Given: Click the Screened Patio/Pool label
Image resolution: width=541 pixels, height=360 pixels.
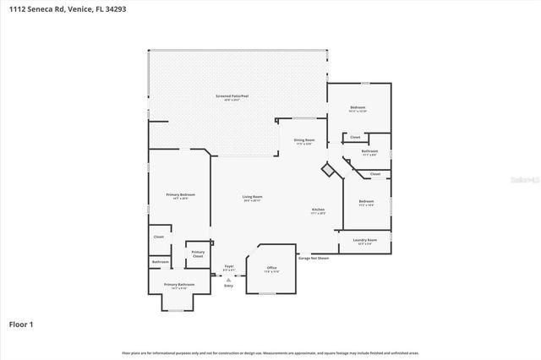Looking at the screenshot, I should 232,97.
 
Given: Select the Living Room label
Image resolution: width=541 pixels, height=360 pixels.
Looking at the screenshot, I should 252,197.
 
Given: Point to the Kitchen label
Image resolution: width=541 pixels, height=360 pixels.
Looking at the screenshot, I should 318,210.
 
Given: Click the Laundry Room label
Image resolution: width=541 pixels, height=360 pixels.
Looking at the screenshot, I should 365,240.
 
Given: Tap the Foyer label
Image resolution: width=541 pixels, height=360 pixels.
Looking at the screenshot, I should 228,266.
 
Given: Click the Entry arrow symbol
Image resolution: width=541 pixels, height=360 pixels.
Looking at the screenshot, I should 228,277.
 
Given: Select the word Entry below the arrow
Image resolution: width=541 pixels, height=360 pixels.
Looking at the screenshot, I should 228,286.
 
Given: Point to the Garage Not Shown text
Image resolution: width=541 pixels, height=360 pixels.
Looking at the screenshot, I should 313,258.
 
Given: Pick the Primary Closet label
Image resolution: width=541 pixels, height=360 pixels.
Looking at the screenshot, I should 198,253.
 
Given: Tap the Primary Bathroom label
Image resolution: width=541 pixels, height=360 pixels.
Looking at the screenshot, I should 179,285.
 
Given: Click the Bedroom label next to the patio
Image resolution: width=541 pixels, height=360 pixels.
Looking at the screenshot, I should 358,108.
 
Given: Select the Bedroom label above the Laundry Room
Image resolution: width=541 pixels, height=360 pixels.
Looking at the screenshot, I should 366,201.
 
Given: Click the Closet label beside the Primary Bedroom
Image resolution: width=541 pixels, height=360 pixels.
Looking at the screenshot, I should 158,237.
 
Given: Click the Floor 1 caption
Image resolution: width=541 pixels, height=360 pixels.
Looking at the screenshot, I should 21,324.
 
